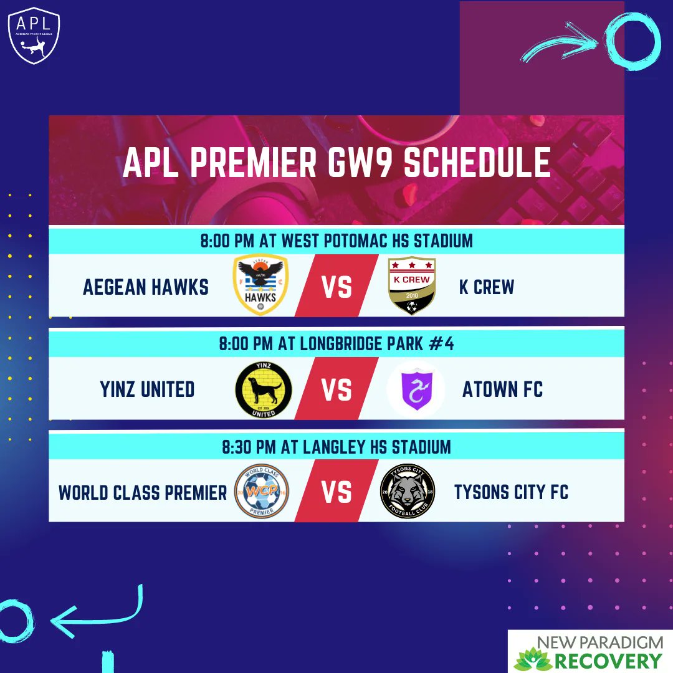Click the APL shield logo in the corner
34,36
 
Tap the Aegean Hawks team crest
260,285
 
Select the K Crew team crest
412,285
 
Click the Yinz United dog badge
263,389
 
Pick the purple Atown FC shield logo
415,389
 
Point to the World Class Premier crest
261,492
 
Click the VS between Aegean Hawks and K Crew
336,288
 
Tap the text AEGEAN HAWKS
146,287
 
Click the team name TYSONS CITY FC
511,492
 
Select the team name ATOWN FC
502,390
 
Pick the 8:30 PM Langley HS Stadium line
336,447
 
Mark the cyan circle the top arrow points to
632,40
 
